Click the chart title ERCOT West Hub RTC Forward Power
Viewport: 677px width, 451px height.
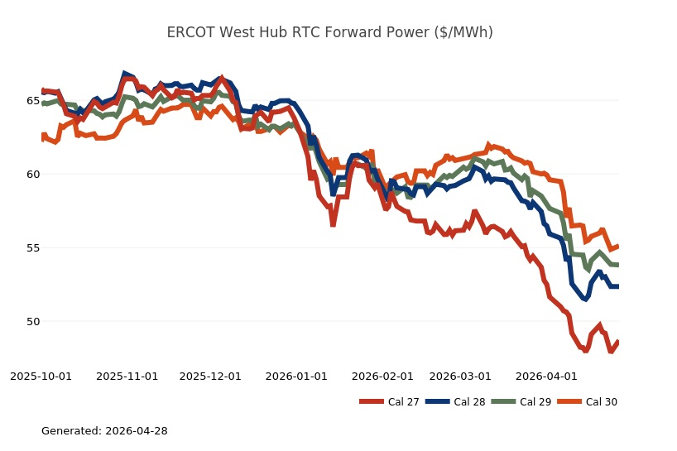[x=329, y=32]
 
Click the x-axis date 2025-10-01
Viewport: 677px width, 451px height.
[x=41, y=377]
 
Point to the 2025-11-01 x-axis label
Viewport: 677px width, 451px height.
[x=127, y=377]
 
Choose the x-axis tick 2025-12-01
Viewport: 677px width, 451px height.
[x=210, y=377]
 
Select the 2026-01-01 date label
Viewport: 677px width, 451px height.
[x=296, y=377]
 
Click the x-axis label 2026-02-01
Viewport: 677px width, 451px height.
[x=382, y=377]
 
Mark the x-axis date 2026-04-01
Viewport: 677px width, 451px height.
[x=545, y=377]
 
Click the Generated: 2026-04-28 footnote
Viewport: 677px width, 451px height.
[x=104, y=431]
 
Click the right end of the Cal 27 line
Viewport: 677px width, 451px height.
[x=618, y=342]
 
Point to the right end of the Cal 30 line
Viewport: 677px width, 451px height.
[x=618, y=246]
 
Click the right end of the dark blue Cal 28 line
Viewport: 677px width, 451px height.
[x=618, y=286]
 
